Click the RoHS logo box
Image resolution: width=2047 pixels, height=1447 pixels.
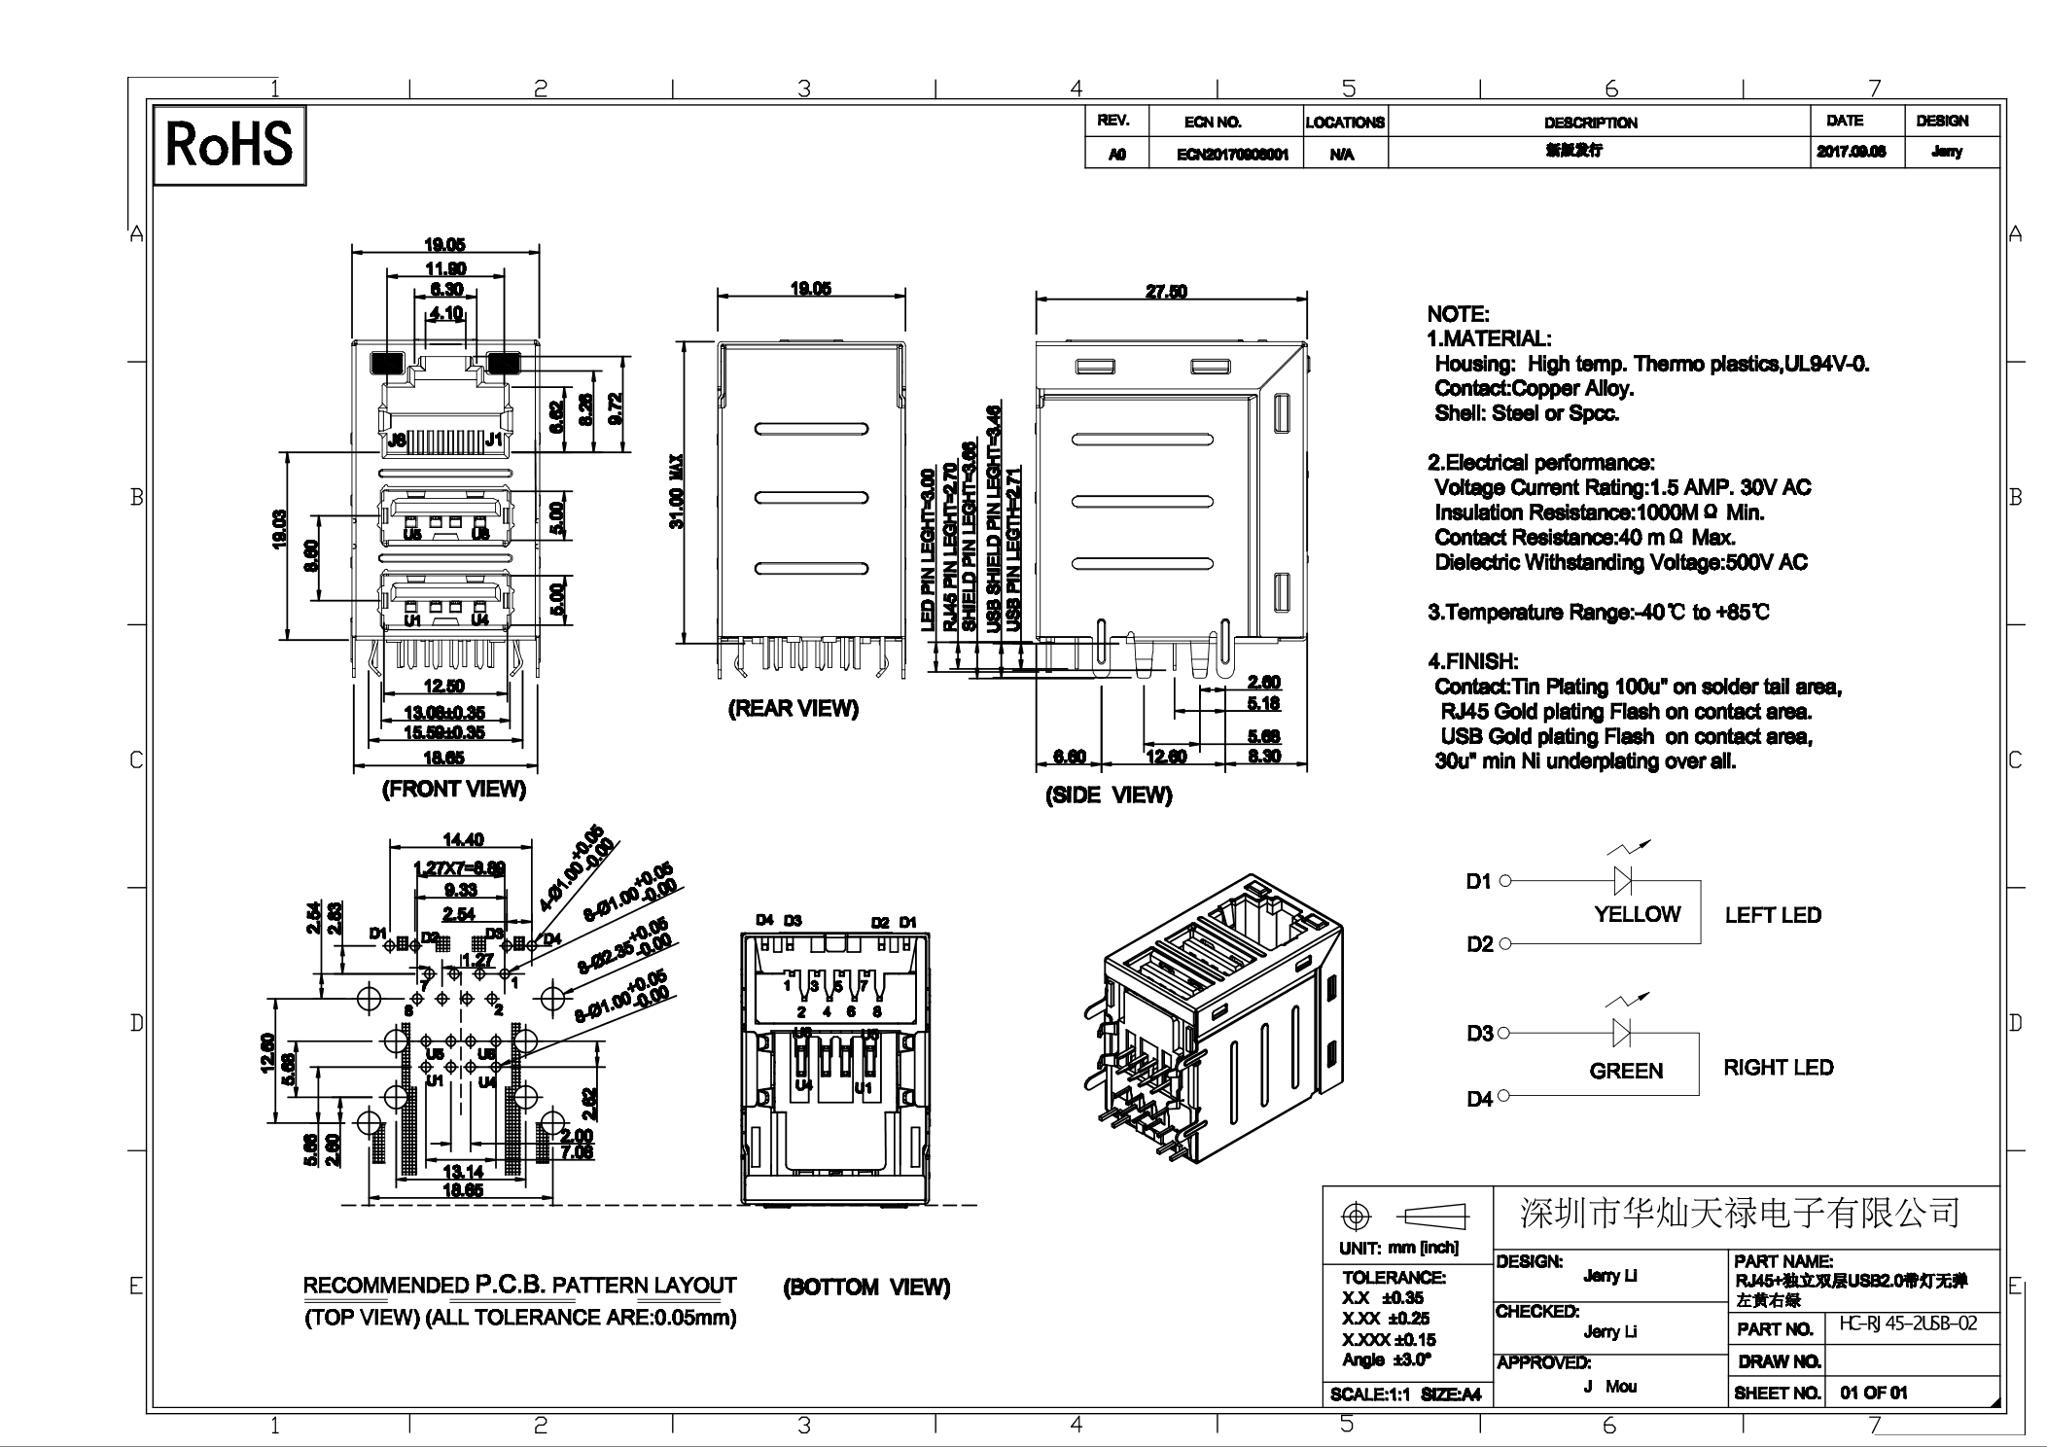229,145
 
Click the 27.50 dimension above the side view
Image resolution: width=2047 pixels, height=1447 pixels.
1165,291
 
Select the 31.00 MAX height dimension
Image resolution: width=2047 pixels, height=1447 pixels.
676,492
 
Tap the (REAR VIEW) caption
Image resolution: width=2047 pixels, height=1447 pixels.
793,709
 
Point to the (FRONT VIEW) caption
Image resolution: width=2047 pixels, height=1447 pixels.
453,789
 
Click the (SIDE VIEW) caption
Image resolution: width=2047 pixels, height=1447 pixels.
1108,795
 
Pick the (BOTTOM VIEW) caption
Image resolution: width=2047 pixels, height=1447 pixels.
865,1288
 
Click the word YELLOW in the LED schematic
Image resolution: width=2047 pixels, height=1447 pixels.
1637,914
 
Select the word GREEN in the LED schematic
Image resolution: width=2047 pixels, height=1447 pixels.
1626,1071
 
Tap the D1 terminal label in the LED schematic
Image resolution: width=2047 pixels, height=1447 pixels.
1478,882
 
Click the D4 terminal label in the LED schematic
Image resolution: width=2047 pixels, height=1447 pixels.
1479,1099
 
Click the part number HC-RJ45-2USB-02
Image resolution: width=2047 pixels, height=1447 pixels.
1908,1324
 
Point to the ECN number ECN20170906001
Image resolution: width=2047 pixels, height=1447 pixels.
1232,155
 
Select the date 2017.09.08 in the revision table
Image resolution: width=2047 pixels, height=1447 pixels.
1851,152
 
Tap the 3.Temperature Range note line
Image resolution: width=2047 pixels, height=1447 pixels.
1597,613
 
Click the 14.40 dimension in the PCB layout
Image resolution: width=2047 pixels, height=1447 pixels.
463,839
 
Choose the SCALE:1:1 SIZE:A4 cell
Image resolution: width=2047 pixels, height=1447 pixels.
1405,1394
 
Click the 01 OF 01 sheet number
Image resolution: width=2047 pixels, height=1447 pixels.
1873,1393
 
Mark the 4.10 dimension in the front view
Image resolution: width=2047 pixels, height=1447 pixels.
446,313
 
